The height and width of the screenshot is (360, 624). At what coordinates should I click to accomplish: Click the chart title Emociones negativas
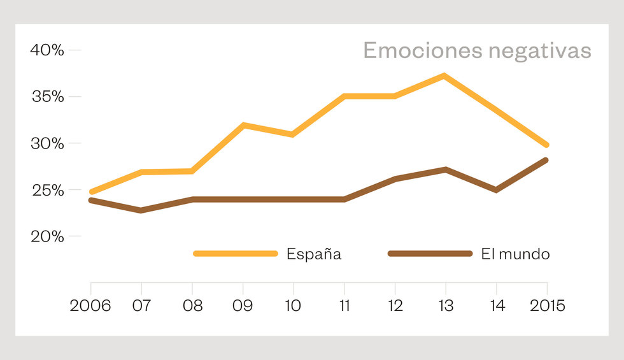pos(477,51)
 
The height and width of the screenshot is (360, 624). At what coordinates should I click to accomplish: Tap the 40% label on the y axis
pos(47,50)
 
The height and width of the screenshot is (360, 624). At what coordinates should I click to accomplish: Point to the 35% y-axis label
pos(47,97)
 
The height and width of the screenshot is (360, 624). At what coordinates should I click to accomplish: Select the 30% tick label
pos(47,143)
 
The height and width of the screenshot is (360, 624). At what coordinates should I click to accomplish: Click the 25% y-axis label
pos(47,190)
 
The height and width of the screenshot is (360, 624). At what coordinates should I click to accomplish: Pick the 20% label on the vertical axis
pos(47,236)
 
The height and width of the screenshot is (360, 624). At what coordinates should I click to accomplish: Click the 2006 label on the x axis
pos(90,306)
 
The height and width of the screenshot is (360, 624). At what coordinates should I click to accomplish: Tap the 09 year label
pos(243,306)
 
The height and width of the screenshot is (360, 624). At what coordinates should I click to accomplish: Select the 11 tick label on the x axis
pos(344,306)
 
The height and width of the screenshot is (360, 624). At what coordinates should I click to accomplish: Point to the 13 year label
pos(446,306)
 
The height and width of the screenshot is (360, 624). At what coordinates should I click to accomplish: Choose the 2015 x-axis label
pos(547,306)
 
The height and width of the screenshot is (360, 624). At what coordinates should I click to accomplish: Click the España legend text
pos(314,254)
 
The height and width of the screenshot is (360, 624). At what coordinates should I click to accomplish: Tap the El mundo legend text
pos(515,254)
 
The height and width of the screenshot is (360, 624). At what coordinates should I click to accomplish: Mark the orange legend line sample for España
pos(236,254)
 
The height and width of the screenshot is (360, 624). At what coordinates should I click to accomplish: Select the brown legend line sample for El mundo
pos(430,254)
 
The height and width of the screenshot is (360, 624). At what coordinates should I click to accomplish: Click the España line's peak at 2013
pos(444,76)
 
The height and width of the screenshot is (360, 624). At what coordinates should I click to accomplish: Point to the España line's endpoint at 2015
pos(546,145)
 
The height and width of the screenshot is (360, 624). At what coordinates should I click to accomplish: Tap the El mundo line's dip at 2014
pos(495,190)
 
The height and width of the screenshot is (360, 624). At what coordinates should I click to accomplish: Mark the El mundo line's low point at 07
pos(141,210)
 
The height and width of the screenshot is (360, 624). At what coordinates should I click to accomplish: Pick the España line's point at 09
pos(243,125)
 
